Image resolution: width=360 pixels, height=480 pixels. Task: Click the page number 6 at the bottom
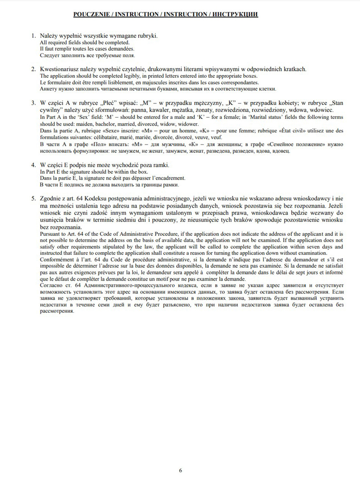coord(180,470)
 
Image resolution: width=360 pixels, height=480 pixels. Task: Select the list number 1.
coord(33,36)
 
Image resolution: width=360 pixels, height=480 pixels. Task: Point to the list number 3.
coord(33,103)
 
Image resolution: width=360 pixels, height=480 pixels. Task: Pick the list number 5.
coord(33,198)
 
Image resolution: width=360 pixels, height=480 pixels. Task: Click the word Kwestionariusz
coord(58,69)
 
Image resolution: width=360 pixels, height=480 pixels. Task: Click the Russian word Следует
coord(49,55)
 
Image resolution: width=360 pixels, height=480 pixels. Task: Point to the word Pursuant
coord(49,234)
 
